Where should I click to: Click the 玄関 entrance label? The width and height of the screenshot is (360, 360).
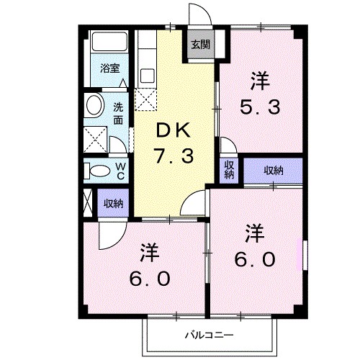coord(201,44)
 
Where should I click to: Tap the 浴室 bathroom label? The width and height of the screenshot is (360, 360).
coord(109,69)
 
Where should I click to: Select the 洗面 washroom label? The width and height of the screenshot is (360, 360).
coord(118,113)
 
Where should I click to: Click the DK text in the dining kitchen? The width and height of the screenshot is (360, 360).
coord(173,130)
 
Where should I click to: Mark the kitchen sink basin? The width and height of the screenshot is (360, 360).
coord(148,75)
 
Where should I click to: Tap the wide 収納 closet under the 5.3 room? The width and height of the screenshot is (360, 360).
coord(273,170)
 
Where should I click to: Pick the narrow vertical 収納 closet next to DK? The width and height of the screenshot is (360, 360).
coord(229,170)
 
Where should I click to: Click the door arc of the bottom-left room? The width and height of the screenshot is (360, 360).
coord(109,234)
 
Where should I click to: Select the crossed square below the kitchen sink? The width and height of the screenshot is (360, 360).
coord(147,100)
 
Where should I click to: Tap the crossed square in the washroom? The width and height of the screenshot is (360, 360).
coord(94,138)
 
